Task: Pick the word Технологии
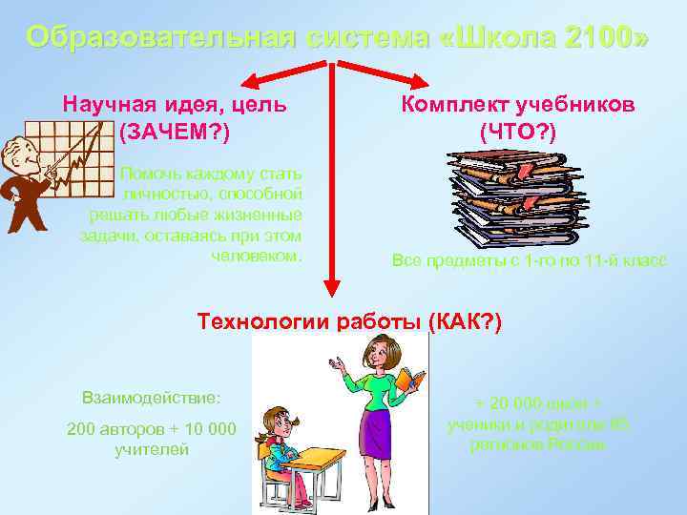click(x=256, y=321)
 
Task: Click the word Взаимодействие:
click(x=152, y=396)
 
